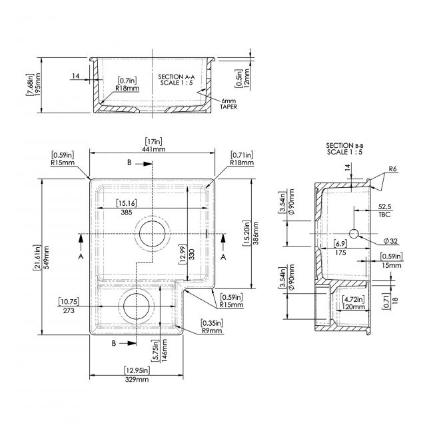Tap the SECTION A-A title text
point(175,77)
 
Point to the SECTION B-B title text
point(344,145)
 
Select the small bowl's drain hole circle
point(137,306)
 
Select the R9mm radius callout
point(211,330)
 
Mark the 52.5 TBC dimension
point(383,211)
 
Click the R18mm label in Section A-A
point(127,87)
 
